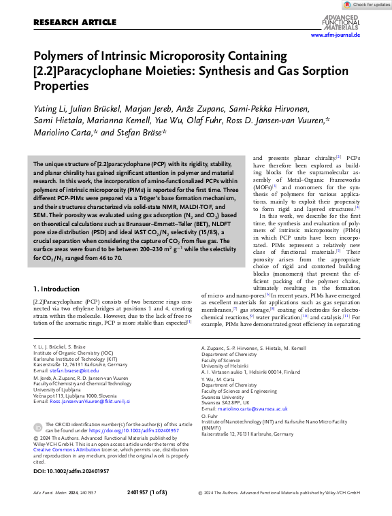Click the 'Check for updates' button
367,5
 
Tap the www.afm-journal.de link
335,35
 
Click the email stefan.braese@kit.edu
73,370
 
